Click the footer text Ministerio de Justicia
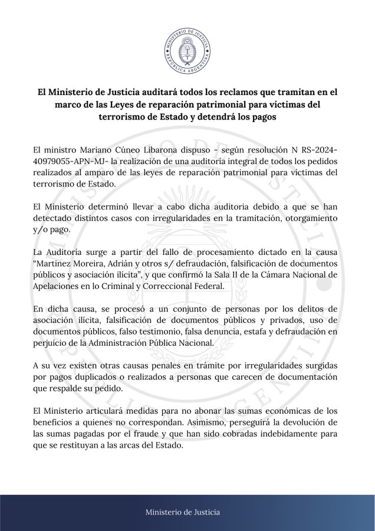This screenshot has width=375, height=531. coord(187,512)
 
